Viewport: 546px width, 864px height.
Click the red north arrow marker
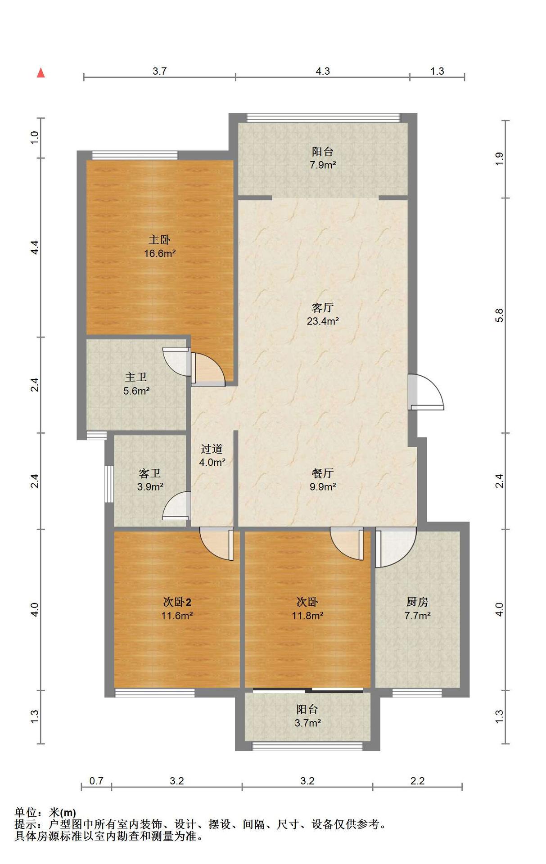pos(41,72)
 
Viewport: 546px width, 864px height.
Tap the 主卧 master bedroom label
pos(160,240)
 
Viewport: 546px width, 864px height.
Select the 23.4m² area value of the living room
pos(323,321)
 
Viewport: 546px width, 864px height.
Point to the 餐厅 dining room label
pos(323,473)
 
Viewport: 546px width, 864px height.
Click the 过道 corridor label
pos(212,449)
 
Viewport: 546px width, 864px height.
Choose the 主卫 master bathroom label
pos(136,377)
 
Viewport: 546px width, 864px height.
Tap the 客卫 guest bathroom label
pos(150,473)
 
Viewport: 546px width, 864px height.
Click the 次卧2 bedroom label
pos(177,602)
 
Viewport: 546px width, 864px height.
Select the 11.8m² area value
pos(307,616)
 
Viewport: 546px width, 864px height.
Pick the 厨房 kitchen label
pos(417,602)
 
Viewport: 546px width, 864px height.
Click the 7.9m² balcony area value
pos(323,165)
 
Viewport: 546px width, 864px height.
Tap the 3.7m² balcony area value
pos(307,723)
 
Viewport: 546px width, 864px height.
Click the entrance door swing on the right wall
pos(426,392)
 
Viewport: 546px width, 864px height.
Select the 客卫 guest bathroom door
pos(176,506)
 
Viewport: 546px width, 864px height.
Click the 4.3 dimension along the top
pos(323,71)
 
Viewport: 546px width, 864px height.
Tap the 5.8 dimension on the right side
pos(499,315)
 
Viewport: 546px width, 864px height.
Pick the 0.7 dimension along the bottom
pos(96,781)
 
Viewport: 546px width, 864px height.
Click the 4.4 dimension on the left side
pos(35,247)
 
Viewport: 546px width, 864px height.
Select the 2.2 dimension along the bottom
pos(417,781)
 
